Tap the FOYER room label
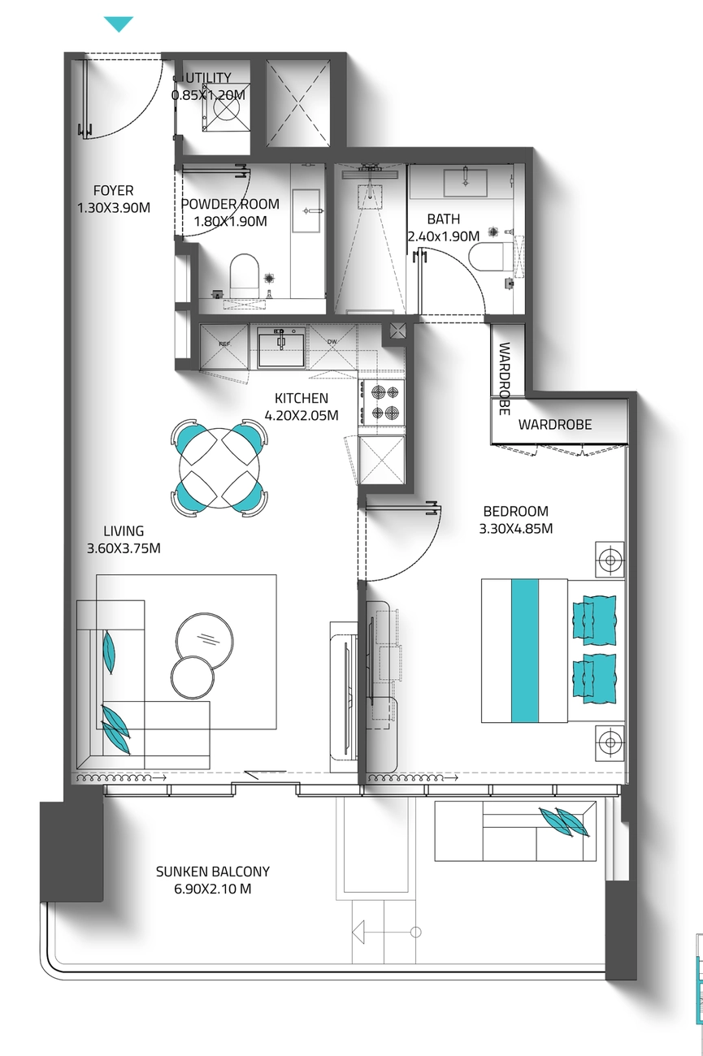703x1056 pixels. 113,190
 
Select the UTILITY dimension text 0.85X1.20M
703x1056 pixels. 208,95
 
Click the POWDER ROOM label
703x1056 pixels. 230,204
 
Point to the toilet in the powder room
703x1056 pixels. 245,273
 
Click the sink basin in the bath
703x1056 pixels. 465,183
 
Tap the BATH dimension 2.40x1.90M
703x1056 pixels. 444,236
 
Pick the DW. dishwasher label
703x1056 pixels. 332,341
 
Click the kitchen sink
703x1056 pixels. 281,347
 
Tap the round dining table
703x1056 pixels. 219,468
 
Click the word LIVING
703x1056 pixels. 124,530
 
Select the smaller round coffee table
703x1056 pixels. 193,677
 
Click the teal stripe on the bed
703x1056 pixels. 525,651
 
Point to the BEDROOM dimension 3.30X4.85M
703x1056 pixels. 516,529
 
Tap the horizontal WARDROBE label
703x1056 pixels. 555,424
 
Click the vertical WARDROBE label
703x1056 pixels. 504,379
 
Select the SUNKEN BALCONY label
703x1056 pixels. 213,871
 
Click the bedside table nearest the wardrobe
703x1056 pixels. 610,560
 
